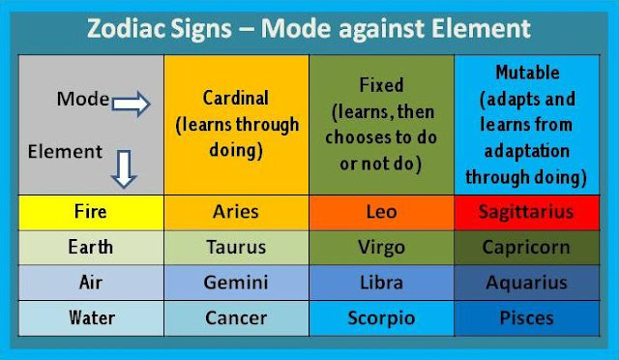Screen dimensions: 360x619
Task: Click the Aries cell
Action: [236, 211]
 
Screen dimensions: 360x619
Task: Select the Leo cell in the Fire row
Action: [381, 211]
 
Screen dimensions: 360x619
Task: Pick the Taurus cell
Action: [236, 247]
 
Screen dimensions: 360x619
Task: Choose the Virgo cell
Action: [381, 247]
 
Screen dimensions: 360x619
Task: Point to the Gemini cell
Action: [236, 282]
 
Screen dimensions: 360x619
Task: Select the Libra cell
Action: [381, 282]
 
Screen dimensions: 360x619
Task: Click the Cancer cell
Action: [236, 317]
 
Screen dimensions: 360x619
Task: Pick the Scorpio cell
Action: [381, 317]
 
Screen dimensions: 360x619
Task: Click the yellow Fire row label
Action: [90, 211]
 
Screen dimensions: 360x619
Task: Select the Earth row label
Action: [90, 247]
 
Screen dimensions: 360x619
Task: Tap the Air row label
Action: [90, 282]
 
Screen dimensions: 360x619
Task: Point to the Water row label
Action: [90, 317]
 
